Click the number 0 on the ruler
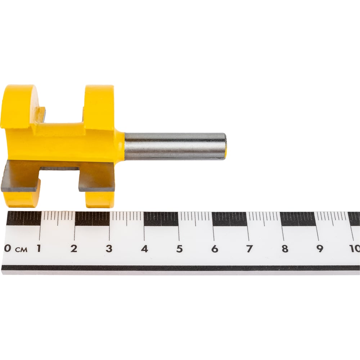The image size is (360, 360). (8, 248)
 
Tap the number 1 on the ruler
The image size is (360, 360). (39, 248)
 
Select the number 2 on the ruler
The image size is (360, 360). (74, 248)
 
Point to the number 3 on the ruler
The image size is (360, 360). (109, 248)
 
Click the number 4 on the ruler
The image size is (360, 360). (144, 249)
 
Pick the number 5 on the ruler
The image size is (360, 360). (180, 249)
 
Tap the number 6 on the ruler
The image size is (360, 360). (215, 249)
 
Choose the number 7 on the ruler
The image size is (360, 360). (249, 249)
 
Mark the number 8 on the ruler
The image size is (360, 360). (285, 249)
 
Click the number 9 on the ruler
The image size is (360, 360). (320, 249)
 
